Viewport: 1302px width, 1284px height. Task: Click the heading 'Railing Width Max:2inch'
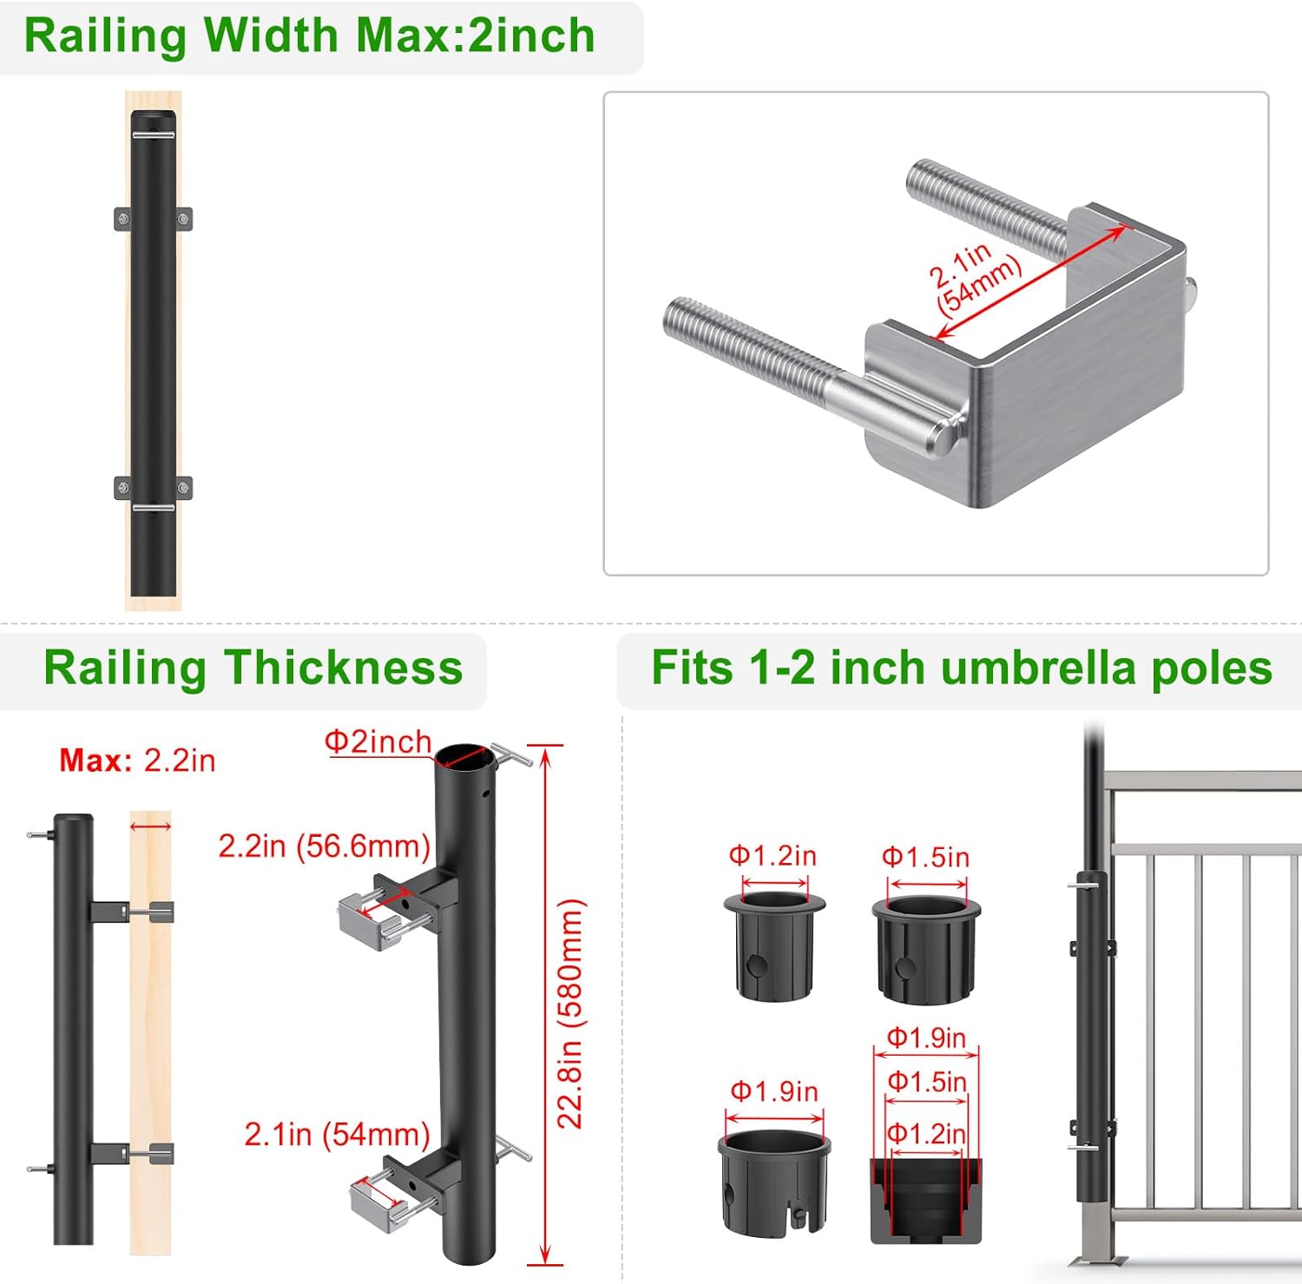coord(309,36)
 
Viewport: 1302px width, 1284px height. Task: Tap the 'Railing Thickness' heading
coord(253,668)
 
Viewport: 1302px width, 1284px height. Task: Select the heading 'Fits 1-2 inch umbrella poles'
coord(961,668)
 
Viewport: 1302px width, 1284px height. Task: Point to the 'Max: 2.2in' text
coord(137,761)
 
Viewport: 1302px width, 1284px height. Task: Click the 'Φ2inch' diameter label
coord(378,742)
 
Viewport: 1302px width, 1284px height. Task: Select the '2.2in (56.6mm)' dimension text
coord(324,846)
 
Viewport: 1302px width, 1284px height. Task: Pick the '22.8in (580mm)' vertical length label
coord(570,1013)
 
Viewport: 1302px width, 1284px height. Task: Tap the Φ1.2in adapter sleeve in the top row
coord(773,947)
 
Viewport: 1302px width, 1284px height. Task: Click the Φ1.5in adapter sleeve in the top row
coord(925,950)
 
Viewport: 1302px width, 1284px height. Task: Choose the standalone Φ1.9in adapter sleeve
coord(773,1182)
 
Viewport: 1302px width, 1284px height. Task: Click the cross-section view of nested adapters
coord(925,1199)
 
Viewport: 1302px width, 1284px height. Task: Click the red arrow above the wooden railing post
coord(151,826)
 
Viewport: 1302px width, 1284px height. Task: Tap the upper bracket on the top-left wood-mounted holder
coord(153,219)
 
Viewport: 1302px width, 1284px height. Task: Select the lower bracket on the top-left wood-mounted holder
coord(153,488)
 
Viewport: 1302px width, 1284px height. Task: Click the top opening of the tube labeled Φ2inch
coord(464,756)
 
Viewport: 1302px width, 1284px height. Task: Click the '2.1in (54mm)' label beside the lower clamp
coord(337,1134)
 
